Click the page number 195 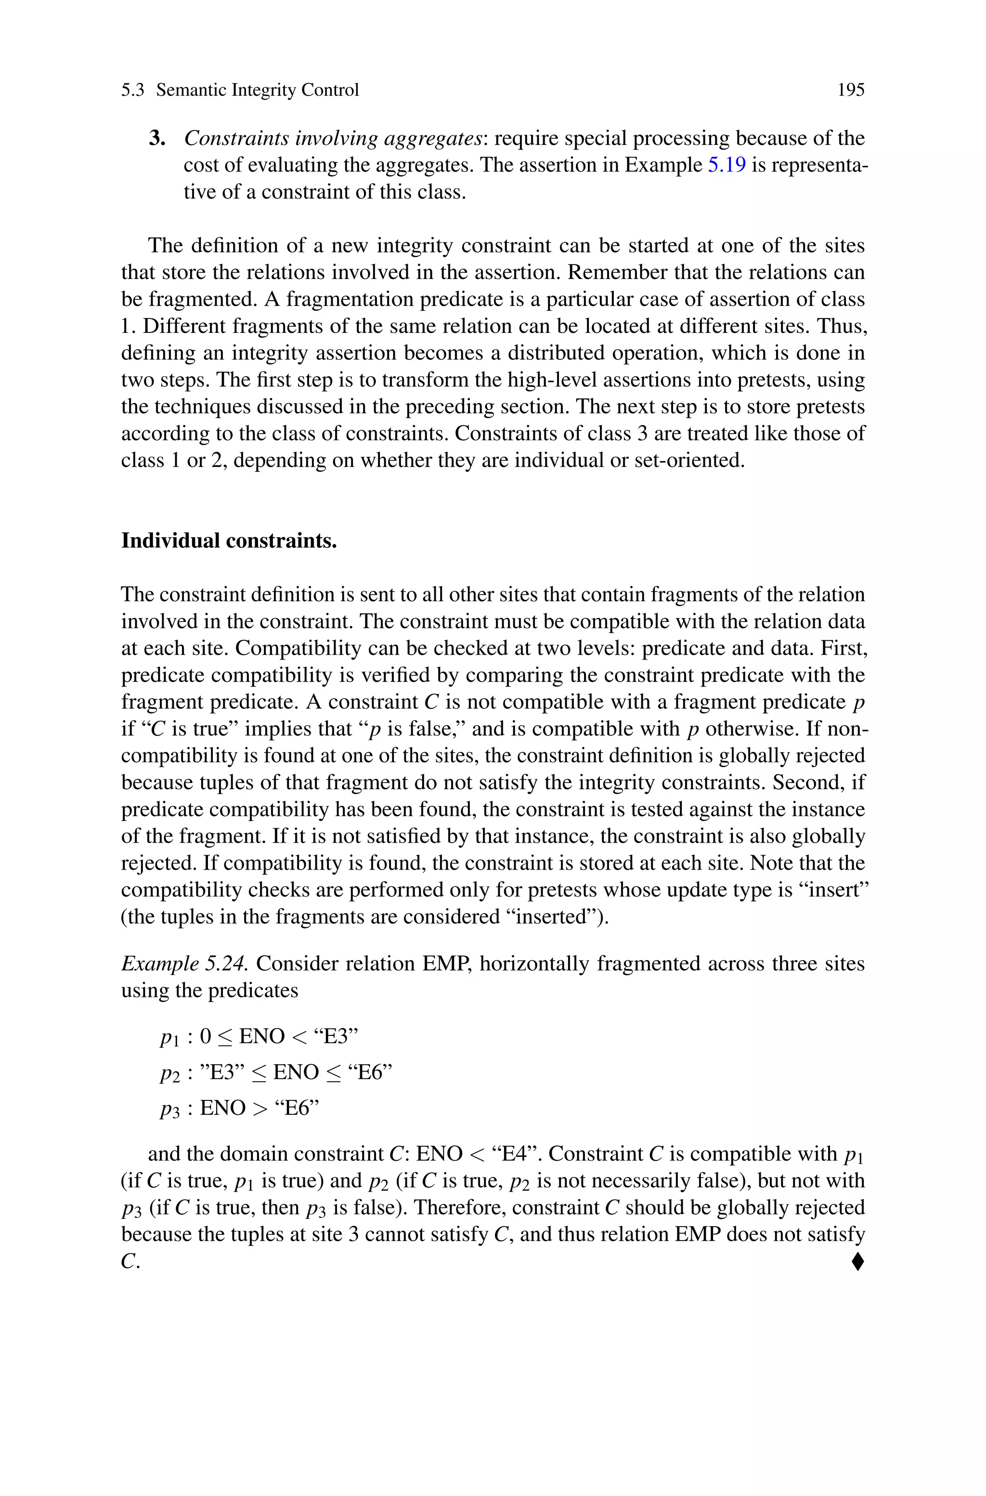pyautogui.click(x=851, y=90)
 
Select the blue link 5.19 pyautogui.click(x=727, y=165)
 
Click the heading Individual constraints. pyautogui.click(x=228, y=541)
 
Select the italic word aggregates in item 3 pyautogui.click(x=431, y=138)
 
